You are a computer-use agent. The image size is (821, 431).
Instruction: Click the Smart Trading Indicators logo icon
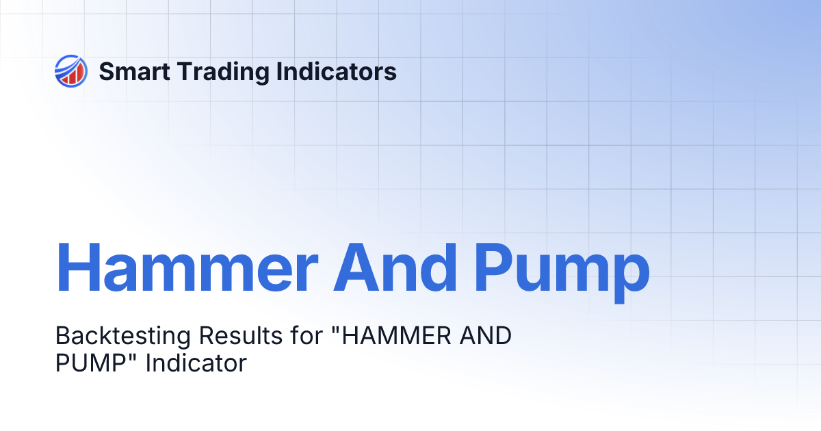(70, 71)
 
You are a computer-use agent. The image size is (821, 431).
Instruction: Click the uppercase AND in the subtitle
(486, 337)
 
